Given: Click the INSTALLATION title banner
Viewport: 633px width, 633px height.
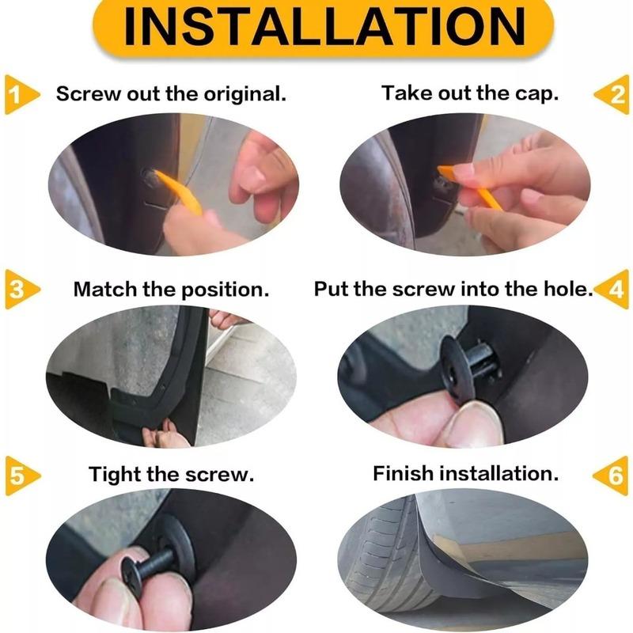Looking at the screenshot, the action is (x=323, y=28).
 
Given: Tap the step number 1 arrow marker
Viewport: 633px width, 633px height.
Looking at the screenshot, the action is (x=21, y=94).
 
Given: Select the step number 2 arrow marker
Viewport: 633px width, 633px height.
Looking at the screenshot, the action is (x=612, y=94).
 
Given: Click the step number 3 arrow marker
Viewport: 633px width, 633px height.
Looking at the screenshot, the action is (x=22, y=289).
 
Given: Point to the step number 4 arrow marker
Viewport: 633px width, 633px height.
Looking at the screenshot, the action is (x=612, y=289).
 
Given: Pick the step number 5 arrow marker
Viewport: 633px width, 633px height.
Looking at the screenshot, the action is (x=22, y=476).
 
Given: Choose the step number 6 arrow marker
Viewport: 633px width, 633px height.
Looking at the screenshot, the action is (x=611, y=476).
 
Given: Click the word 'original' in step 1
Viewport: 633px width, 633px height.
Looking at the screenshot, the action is (x=244, y=95).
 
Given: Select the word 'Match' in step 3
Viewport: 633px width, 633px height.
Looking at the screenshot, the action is (x=105, y=290).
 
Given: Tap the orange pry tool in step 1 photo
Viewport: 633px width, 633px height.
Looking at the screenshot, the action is (x=180, y=191).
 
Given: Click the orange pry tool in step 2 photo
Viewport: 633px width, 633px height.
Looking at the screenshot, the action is (x=470, y=187).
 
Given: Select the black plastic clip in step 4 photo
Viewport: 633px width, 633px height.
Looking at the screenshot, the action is (x=469, y=366).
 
